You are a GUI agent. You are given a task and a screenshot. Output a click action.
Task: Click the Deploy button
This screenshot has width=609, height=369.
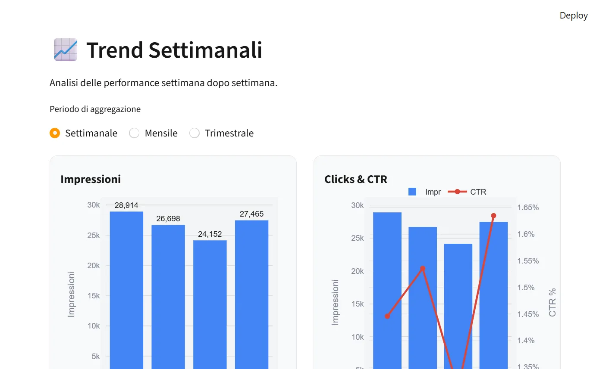(573, 16)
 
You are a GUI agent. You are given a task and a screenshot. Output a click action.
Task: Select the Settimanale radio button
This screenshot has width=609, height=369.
(55, 133)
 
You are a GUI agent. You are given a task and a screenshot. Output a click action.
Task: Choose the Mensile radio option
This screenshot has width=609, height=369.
(134, 133)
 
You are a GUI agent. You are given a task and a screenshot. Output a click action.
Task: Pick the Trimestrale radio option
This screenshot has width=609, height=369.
(195, 133)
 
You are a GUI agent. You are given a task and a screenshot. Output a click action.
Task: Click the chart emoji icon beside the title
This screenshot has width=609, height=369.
(66, 50)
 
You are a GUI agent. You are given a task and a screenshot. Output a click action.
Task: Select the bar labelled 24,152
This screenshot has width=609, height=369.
(210, 301)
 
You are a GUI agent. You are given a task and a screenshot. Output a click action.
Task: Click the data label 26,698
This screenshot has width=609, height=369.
(168, 219)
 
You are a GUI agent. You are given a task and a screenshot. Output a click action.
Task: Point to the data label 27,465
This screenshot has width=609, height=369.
(251, 214)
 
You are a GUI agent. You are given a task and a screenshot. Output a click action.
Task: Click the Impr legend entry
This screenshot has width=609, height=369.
(425, 192)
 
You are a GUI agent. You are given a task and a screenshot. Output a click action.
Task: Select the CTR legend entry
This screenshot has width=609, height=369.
(468, 192)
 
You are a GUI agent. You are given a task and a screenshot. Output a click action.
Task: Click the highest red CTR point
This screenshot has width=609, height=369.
(493, 216)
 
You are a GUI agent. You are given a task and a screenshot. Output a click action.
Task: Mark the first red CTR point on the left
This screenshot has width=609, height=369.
(387, 316)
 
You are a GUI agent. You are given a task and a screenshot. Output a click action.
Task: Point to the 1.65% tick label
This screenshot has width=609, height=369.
(528, 208)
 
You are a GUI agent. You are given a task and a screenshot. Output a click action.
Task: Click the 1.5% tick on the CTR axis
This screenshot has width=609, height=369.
(526, 288)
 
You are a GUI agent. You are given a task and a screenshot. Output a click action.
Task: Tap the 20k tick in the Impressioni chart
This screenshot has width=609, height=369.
(94, 266)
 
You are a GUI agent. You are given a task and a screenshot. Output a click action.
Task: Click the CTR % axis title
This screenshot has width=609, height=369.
(552, 302)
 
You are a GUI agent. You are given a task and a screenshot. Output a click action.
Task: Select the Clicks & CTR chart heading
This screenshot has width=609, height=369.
(356, 179)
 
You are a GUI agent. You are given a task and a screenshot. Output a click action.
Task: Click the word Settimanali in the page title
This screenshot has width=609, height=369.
(205, 50)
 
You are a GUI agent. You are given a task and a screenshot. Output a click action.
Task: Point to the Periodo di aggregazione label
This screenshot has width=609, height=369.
(95, 109)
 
